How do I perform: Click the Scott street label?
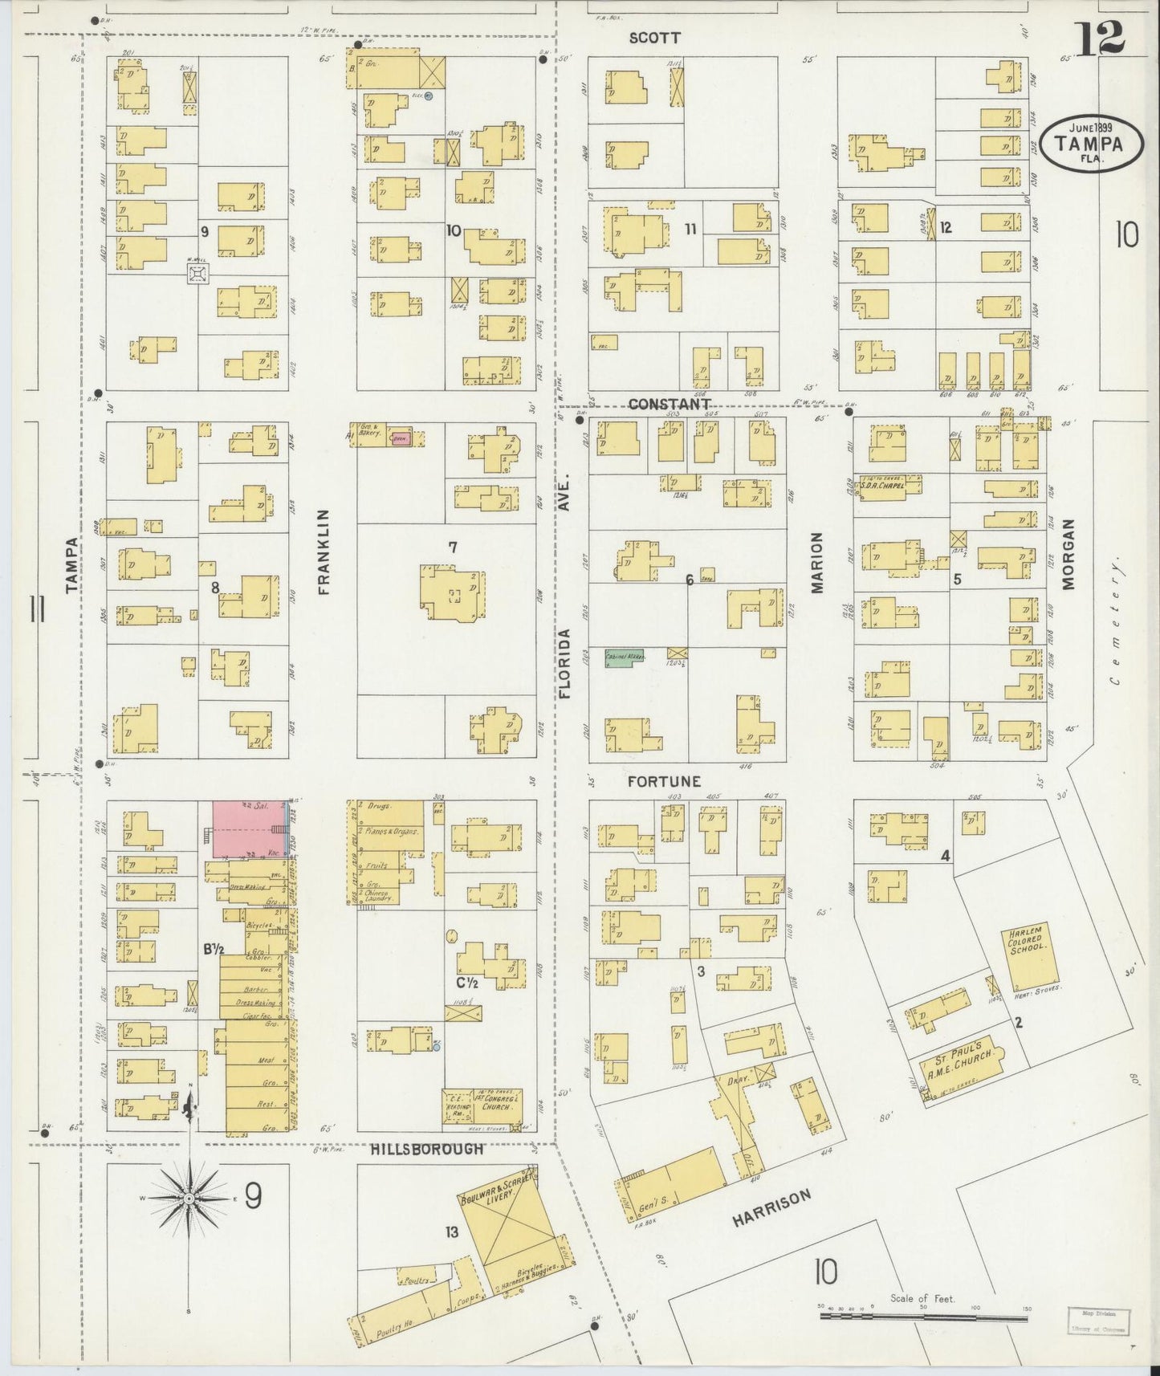click(654, 38)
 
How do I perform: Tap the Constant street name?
click(670, 404)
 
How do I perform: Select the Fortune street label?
click(664, 781)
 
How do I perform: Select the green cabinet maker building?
click(626, 656)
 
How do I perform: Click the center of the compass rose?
click(189, 1199)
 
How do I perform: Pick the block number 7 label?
click(453, 548)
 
